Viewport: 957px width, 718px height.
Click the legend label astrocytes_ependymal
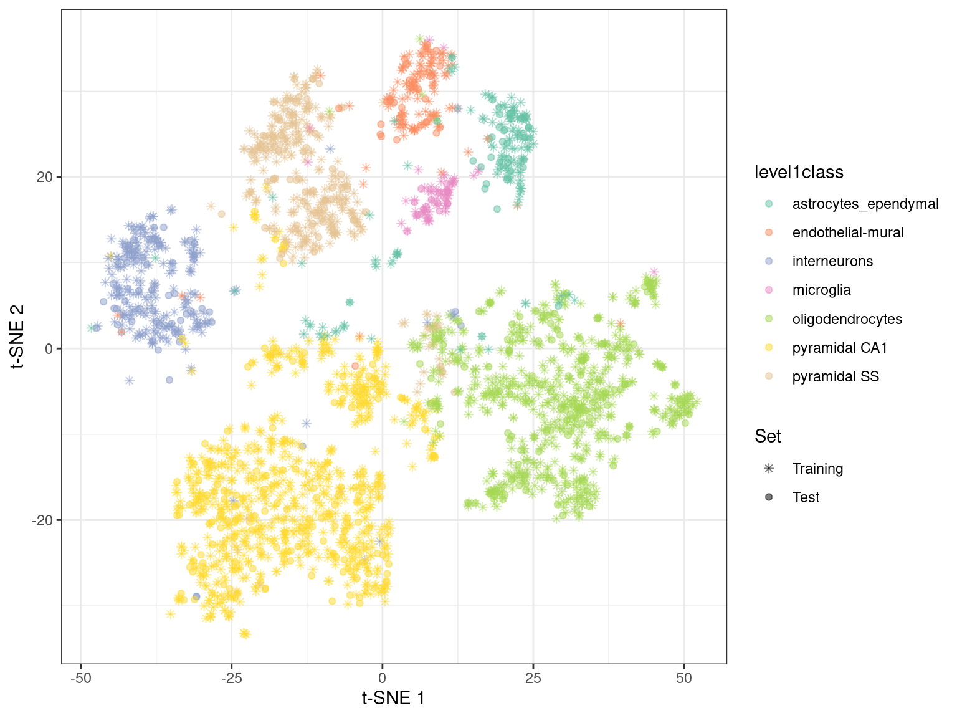point(865,204)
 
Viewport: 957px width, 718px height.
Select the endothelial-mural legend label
point(847,232)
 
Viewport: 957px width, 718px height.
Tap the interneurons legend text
point(832,261)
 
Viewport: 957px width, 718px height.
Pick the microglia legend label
point(821,290)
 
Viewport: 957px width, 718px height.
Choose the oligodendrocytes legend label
point(847,319)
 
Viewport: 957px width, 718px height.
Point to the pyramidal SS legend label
point(836,376)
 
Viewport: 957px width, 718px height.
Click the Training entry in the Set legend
point(817,469)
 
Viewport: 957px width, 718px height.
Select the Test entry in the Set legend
point(806,497)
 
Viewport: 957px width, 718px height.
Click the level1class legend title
point(799,172)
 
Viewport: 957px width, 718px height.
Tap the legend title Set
point(768,436)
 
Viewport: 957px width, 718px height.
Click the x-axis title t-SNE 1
point(394,698)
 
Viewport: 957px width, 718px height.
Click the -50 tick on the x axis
point(80,678)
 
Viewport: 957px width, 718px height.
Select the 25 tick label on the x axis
point(533,678)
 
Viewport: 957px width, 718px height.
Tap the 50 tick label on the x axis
point(684,678)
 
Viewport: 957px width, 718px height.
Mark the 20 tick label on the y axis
point(45,177)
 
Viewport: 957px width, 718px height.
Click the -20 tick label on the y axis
point(42,520)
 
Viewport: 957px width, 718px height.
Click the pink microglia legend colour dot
point(769,290)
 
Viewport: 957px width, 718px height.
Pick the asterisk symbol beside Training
point(769,469)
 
